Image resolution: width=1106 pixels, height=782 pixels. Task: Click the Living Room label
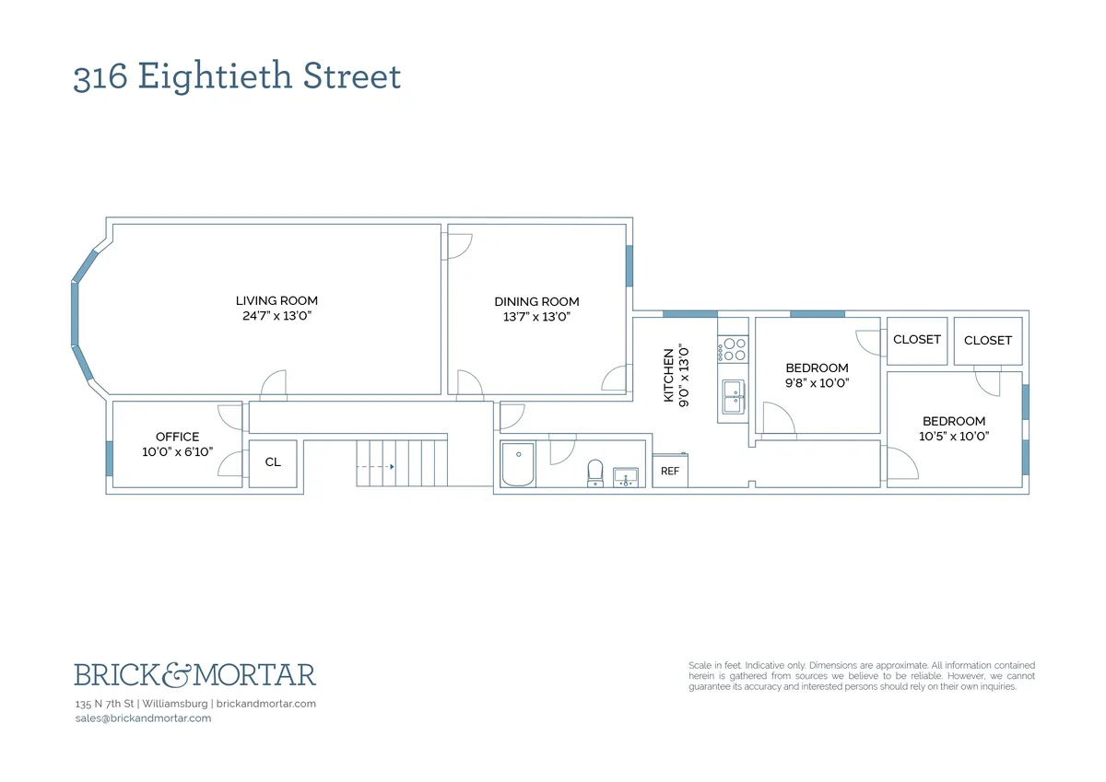point(276,300)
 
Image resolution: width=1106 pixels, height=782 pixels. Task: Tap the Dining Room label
point(536,301)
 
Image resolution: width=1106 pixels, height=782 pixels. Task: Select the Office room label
point(177,437)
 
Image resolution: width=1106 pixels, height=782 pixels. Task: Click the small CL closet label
point(273,462)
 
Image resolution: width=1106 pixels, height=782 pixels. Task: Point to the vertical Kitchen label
point(670,374)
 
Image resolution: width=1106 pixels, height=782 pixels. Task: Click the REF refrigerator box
point(670,471)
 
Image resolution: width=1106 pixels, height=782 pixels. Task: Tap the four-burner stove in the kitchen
point(734,348)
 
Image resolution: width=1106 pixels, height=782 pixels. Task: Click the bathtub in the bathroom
point(518,464)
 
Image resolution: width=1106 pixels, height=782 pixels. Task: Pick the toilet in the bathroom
point(595,472)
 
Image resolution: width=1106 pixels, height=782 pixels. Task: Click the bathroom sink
point(626,476)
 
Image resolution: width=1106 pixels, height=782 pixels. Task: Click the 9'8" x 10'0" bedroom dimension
point(817,382)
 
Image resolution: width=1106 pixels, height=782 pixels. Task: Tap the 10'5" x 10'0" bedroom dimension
point(954,437)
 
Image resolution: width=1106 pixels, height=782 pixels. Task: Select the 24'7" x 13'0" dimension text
point(276,316)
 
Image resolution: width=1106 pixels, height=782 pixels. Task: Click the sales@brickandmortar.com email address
point(143,718)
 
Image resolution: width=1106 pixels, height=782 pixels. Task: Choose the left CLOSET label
point(917,339)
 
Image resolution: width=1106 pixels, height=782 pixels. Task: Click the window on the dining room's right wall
point(629,265)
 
